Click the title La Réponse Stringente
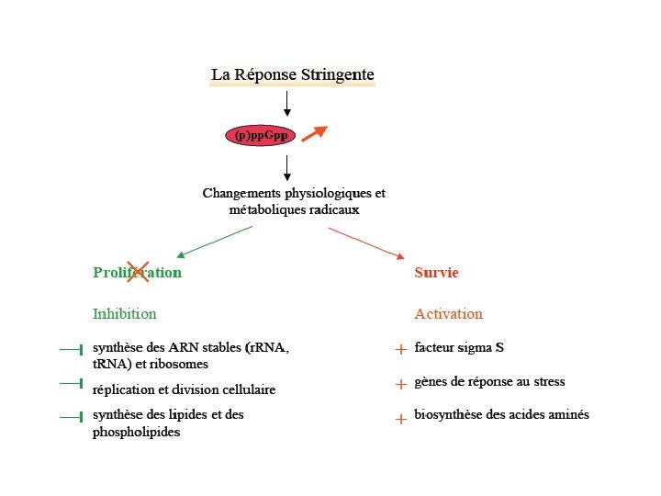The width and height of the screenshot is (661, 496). (293, 74)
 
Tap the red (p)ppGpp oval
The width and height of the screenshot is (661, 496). (261, 136)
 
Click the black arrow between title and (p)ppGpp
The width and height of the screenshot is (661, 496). (287, 103)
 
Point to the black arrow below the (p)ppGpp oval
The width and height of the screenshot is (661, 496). (287, 167)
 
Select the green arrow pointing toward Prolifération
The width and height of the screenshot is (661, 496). (214, 242)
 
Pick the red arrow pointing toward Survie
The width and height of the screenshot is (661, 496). (365, 242)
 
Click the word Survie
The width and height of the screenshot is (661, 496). (436, 273)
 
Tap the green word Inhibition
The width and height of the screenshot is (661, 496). (124, 314)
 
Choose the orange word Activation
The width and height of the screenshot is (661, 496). (448, 314)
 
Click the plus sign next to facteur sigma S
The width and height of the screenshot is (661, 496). (401, 349)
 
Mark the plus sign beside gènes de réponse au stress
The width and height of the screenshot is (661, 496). (401, 383)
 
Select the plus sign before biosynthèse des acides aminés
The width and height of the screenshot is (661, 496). (401, 418)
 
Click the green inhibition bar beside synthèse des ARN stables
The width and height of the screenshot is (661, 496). (72, 349)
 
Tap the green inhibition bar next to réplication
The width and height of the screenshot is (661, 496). (72, 383)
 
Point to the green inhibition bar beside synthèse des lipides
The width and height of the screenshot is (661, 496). (72, 417)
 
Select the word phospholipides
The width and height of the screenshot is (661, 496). (136, 432)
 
